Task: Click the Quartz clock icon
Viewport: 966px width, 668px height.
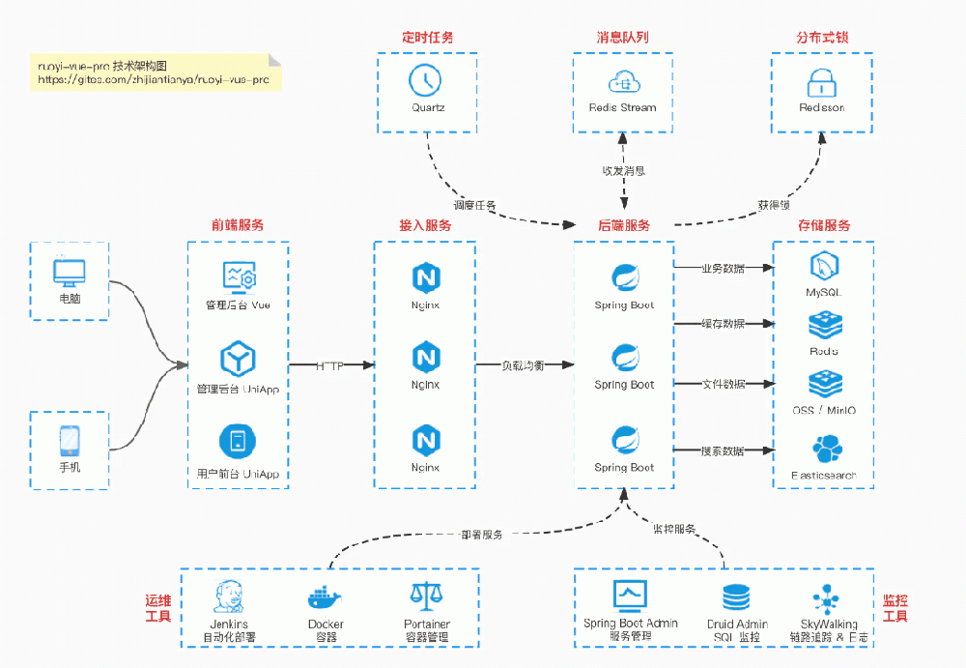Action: [425, 79]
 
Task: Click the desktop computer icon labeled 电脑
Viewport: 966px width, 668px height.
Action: [70, 272]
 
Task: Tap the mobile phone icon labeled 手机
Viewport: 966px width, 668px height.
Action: [70, 441]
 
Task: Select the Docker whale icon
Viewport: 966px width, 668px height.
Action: [324, 597]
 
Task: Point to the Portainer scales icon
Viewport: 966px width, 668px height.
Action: [426, 596]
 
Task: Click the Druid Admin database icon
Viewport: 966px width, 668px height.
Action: [736, 596]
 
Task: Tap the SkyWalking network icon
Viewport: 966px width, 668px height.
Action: [828, 596]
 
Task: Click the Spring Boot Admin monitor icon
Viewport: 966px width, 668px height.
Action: [630, 594]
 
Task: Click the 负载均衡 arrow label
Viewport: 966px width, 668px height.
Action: [522, 365]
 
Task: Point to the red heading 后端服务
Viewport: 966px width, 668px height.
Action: [623, 225]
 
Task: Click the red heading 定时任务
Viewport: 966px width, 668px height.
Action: [427, 38]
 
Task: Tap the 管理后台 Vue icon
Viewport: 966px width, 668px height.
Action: [238, 276]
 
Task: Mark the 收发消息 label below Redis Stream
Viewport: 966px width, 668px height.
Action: [623, 171]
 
